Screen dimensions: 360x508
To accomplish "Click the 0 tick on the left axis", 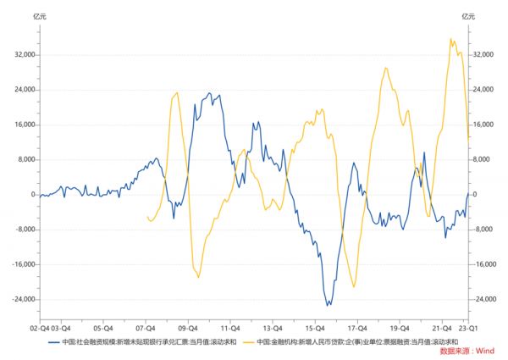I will pos(31,194).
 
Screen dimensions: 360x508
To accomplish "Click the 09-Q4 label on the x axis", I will pos(188,325).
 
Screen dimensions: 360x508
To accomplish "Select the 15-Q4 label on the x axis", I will pos(315,325).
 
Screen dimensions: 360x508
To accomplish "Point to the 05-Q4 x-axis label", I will pos(102,325).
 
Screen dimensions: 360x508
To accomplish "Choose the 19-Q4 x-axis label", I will pos(400,325).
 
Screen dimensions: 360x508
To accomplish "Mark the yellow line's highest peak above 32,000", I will pos(451,39).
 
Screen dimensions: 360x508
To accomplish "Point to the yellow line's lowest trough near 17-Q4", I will pos(354,287).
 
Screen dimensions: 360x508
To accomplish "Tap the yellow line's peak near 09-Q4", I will pos(176,92).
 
